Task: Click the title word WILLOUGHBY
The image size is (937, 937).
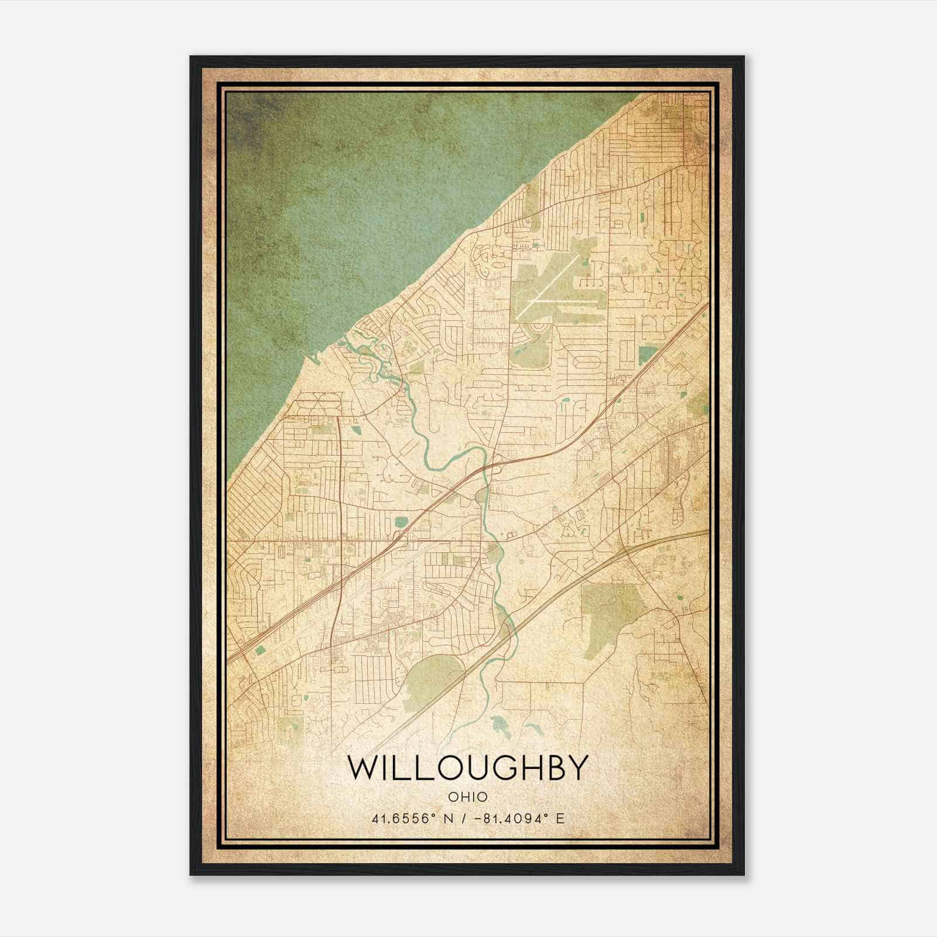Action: coord(467,768)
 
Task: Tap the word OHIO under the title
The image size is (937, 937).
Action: coord(467,797)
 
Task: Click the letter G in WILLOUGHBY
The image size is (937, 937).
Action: coord(499,768)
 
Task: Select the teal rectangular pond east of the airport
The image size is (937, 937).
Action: coord(647,355)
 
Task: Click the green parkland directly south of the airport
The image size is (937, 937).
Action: coord(530,351)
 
